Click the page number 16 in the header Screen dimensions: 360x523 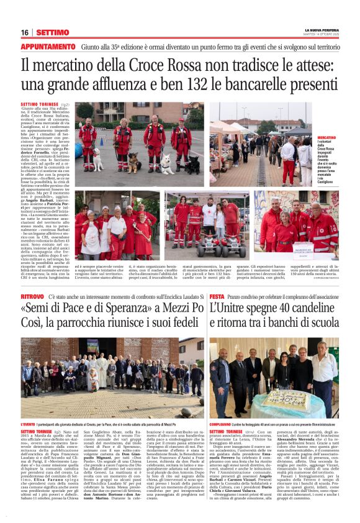pos(25,32)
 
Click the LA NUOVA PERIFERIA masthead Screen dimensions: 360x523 pos(321,29)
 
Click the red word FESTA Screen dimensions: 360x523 pos(217,298)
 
